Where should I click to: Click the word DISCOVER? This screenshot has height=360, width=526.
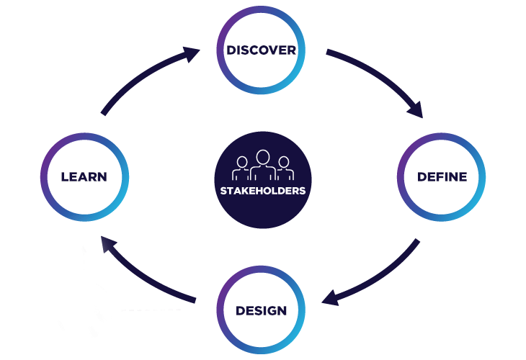[x=262, y=50]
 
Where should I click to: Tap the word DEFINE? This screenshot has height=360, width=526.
[x=442, y=177]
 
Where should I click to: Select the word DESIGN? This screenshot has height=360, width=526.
[x=262, y=311]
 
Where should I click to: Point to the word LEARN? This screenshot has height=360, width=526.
[x=84, y=177]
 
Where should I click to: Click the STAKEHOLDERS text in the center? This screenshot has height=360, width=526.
[x=263, y=192]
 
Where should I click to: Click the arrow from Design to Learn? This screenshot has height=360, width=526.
[x=144, y=274]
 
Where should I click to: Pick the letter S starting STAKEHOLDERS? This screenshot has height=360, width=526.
[x=224, y=192]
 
